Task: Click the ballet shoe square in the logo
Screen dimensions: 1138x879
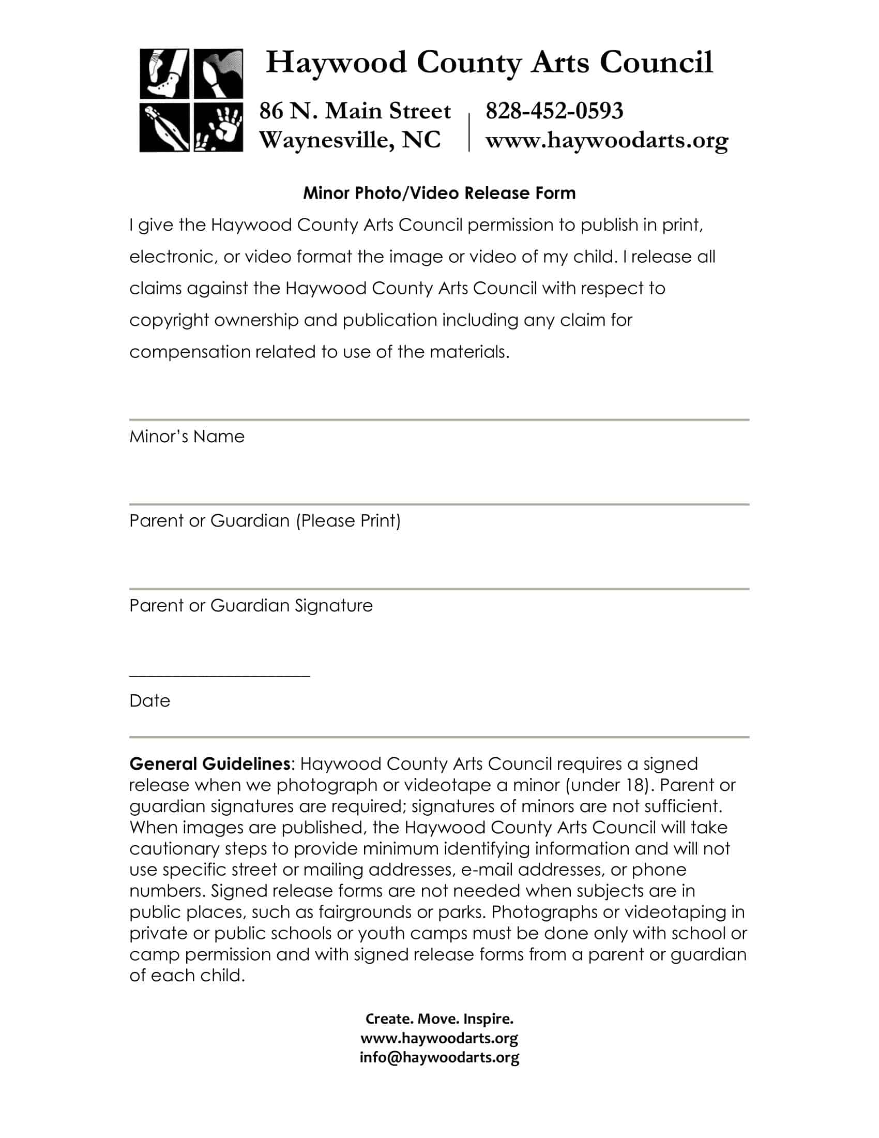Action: point(164,73)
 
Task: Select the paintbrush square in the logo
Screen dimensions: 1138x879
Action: point(219,73)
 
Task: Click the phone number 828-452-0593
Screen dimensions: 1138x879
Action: point(554,111)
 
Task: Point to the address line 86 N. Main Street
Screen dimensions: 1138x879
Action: point(355,111)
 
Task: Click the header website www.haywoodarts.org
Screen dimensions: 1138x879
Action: point(607,140)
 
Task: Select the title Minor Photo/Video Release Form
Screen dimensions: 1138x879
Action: point(439,193)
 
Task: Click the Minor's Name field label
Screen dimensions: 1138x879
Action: point(187,436)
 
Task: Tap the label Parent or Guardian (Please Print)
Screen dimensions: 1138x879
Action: point(265,520)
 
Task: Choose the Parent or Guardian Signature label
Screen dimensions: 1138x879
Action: point(251,606)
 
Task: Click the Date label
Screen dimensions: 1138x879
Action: point(149,701)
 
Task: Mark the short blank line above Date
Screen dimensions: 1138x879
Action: point(219,676)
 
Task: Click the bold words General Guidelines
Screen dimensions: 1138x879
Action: point(209,764)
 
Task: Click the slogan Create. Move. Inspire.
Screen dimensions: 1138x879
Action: point(439,1019)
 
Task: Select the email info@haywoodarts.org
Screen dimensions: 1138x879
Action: point(439,1057)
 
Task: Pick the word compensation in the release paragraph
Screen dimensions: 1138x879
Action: point(190,352)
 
